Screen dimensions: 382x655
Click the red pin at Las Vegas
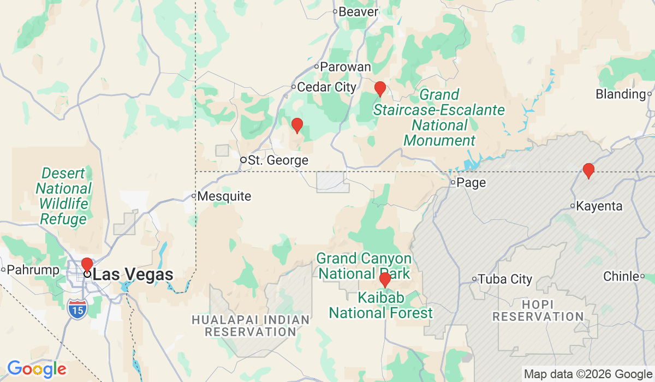pos(87,265)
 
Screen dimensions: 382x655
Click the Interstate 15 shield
pos(78,309)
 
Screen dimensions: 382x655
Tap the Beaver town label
pos(358,11)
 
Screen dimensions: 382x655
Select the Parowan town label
pos(345,67)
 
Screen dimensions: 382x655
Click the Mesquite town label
pos(225,196)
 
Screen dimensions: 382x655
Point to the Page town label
pos(471,183)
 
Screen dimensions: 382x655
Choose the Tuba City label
pos(505,279)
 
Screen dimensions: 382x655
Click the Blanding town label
pos(621,94)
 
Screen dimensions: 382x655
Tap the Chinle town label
pos(621,277)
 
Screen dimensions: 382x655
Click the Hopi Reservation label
pos(538,310)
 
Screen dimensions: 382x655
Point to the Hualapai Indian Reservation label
pos(251,325)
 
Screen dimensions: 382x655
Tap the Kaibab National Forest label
pos(381,306)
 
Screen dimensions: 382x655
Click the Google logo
pos(37,369)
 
